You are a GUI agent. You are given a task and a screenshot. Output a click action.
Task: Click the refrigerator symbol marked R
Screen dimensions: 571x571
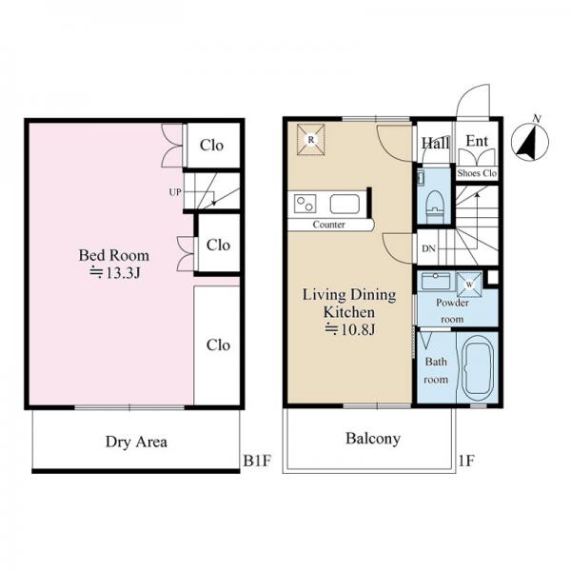point(310,140)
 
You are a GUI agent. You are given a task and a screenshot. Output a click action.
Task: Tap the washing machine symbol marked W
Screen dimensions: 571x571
point(469,285)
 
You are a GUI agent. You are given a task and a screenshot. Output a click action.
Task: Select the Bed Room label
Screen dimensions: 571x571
point(114,255)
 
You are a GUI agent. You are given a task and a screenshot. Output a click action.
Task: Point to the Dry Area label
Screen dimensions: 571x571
point(136,442)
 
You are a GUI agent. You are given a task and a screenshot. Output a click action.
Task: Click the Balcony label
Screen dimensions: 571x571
point(373,439)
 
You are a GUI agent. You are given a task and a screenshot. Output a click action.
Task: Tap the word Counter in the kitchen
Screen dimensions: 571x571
point(329,225)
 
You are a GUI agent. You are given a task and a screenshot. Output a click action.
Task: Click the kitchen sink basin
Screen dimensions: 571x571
point(345,205)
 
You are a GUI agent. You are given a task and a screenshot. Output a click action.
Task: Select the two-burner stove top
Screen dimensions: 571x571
point(305,204)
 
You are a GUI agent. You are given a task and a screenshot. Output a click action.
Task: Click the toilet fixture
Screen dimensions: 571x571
point(434,207)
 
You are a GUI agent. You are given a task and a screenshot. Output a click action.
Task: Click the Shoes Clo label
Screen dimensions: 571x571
point(477,173)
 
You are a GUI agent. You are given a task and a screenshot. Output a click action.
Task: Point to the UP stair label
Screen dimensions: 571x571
point(175,192)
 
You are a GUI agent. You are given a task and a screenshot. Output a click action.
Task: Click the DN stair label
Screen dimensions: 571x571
point(428,248)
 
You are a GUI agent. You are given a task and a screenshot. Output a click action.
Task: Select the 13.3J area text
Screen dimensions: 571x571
point(115,273)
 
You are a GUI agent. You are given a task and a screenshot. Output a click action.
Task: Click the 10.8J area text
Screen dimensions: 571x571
point(349,329)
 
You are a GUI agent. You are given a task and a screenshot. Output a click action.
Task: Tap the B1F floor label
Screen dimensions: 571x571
point(257,461)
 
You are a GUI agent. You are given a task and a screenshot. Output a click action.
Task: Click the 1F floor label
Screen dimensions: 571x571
point(466,461)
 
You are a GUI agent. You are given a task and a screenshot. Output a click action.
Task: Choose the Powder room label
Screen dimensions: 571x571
point(452,310)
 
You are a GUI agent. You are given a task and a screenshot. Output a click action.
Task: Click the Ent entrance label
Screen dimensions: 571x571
point(477,141)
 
